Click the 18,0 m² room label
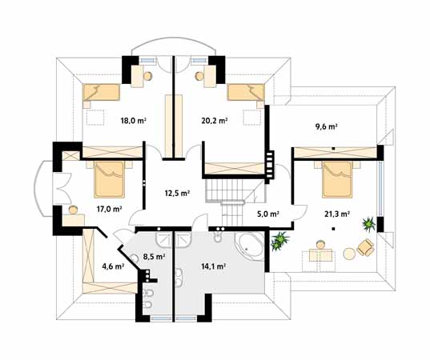pos(133,121)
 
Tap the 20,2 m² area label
pos(214,121)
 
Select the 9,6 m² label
pos(326,126)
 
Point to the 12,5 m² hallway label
pos(178,193)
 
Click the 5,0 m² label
pos(268,214)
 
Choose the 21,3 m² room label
pos(337,214)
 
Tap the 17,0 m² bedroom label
pos(109,209)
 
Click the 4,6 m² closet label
pos(113,266)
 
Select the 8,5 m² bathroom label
pos(154,257)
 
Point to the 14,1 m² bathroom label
pos(213,266)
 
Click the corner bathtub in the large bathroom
pos(249,246)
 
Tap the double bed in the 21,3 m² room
pos(337,179)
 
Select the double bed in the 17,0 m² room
pos(109,179)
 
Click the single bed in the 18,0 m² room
pos(101,92)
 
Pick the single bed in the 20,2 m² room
pos(246,92)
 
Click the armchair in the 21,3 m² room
pos(365,247)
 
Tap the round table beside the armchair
pos(349,254)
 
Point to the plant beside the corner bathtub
pos(279,241)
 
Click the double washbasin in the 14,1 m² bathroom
pos(179,278)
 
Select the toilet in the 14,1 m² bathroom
pos(217,237)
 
